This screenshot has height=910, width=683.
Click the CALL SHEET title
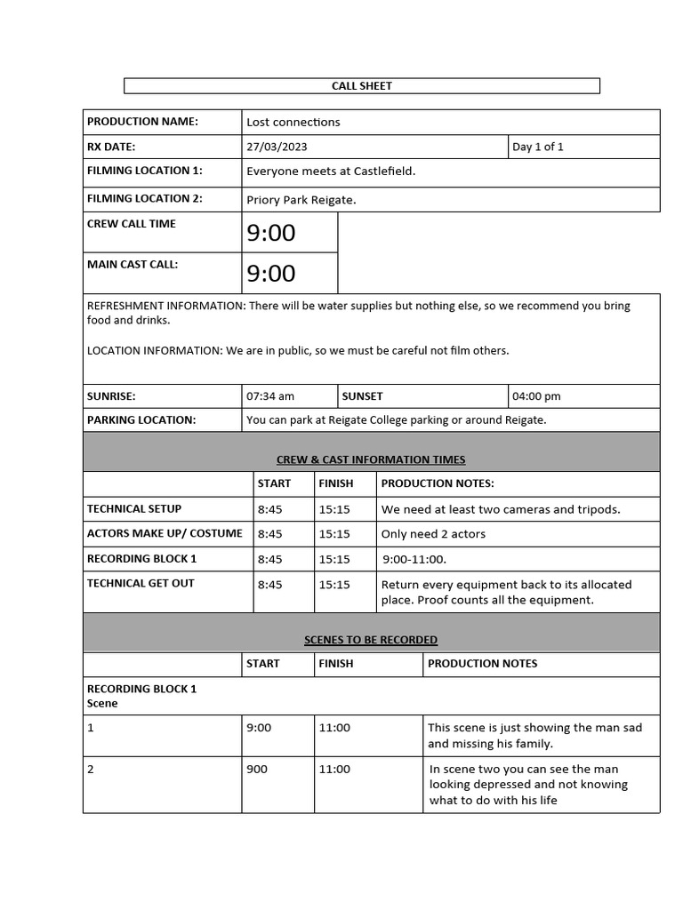click(x=361, y=86)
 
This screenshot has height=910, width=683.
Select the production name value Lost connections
click(x=293, y=122)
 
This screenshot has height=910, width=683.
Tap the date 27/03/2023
click(x=277, y=147)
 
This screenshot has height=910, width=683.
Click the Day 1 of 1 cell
click(x=537, y=147)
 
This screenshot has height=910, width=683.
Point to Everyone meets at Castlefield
click(x=331, y=171)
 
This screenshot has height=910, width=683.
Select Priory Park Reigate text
click(x=301, y=200)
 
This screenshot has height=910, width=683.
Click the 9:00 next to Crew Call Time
click(x=271, y=233)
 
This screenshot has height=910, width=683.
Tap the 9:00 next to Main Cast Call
click(x=271, y=273)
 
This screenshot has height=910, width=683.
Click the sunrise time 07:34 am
click(x=270, y=396)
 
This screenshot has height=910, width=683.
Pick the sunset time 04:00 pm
click(x=536, y=396)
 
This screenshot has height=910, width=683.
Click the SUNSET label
click(x=363, y=396)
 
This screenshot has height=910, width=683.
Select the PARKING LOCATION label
click(x=141, y=419)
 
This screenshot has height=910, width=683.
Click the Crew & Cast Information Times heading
click(x=371, y=459)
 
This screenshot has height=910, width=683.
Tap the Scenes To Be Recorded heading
click(x=371, y=640)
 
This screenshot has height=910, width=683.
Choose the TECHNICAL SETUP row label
click(x=134, y=509)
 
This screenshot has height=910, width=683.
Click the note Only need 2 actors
click(x=433, y=534)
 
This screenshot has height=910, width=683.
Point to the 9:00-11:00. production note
click(x=414, y=559)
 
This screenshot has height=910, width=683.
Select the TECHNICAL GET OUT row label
click(x=141, y=584)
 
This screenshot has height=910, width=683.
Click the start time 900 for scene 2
click(x=256, y=770)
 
